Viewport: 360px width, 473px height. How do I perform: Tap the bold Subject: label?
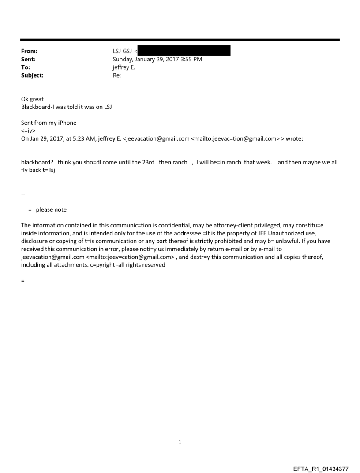[x=32, y=75]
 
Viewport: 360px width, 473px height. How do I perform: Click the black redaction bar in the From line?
[x=184, y=52]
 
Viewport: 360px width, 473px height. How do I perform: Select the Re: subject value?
[x=117, y=75]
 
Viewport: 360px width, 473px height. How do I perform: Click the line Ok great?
[x=32, y=99]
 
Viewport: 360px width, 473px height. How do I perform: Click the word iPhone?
[x=66, y=123]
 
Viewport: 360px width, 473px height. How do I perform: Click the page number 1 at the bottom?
[x=180, y=442]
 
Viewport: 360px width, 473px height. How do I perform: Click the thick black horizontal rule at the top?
[x=180, y=40]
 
